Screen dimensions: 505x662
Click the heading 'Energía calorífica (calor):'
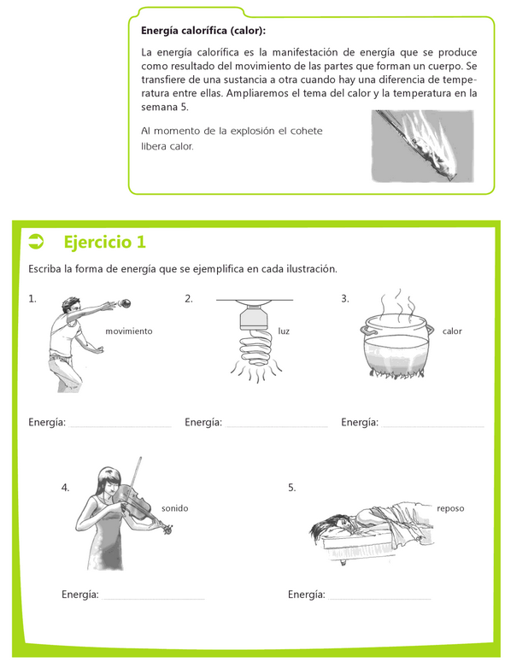point(203,31)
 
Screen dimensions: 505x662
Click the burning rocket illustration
point(422,146)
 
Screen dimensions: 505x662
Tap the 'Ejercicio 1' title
point(105,242)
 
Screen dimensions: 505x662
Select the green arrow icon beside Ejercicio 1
point(36,242)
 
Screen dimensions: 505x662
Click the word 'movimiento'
point(129,331)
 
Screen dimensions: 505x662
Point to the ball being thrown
point(126,303)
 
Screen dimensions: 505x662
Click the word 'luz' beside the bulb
point(284,331)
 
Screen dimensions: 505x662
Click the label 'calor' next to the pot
point(452,331)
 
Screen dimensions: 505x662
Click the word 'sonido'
point(175,508)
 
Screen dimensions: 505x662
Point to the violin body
point(134,501)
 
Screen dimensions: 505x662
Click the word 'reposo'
point(450,508)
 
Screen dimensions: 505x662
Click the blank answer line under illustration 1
point(120,427)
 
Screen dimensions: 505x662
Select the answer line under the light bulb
point(277,427)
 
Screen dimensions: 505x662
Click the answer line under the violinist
point(153,599)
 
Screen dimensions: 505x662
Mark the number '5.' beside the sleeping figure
point(291,488)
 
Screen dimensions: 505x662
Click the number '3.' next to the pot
point(345,299)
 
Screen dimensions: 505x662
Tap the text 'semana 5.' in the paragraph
point(165,108)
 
